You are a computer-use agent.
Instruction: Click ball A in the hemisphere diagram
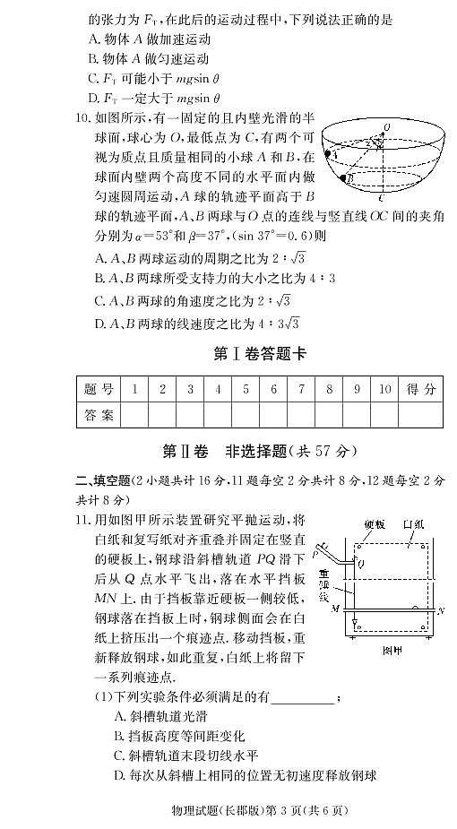334,154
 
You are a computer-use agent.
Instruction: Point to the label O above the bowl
386,126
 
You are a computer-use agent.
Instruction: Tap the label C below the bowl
382,199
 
